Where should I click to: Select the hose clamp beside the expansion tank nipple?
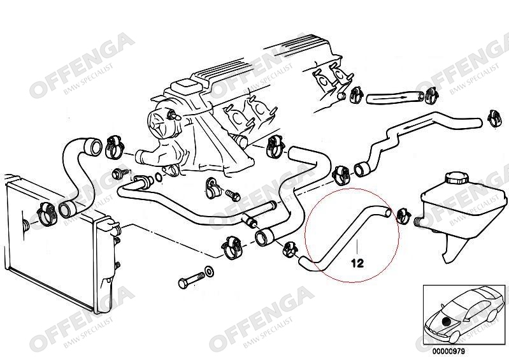402,215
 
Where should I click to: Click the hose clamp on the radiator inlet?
48,213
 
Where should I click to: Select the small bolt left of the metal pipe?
118,173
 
